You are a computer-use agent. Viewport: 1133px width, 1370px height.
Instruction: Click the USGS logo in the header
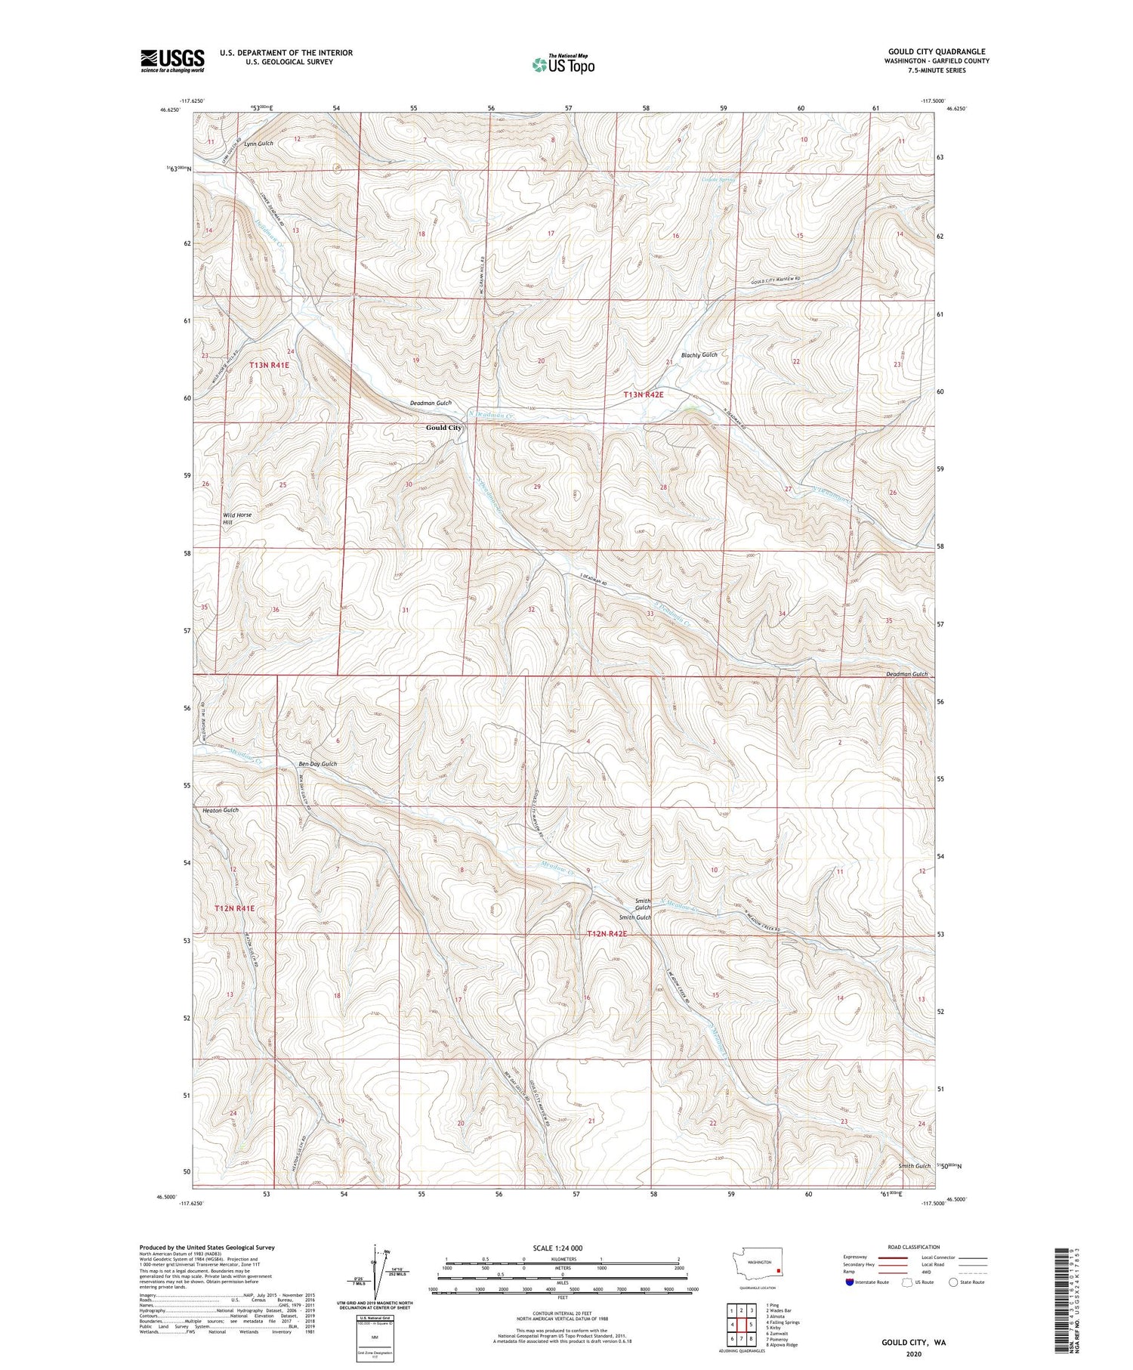[172, 60]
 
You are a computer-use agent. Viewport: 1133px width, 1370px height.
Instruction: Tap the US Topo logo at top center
[563, 65]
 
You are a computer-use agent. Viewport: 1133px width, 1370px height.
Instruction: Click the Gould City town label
[443, 428]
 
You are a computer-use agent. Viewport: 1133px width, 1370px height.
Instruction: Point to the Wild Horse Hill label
[236, 518]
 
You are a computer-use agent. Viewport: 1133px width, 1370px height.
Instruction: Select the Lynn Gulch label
[258, 144]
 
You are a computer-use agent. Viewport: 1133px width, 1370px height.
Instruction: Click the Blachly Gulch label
[699, 354]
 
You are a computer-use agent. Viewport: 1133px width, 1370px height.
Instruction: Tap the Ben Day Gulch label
[317, 764]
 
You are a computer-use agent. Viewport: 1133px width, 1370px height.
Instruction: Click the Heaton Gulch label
[221, 810]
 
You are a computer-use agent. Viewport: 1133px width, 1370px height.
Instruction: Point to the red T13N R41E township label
[269, 365]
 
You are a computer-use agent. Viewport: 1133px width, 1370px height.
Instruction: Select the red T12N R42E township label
[607, 934]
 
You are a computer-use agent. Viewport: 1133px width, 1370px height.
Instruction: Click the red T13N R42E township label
[643, 394]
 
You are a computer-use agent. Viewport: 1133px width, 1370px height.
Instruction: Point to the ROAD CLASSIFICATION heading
[914, 1247]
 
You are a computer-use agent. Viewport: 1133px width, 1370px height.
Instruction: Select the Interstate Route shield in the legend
[850, 1282]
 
